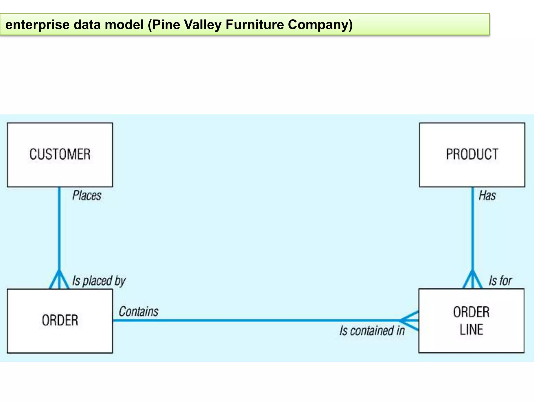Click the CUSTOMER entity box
coord(60,155)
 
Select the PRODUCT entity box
coord(472,155)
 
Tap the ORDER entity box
coord(60,321)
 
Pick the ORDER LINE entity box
coord(471,321)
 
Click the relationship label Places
coord(87,196)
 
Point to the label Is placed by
coord(99,281)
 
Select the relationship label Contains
coord(138,312)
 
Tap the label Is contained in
coord(372,331)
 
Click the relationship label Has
coord(487,196)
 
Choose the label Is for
coord(500,281)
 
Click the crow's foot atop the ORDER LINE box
coord(472,280)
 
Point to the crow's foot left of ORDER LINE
coord(409,321)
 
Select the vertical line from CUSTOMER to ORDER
coord(59,230)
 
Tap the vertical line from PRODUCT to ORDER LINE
coord(472,230)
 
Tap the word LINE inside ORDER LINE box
coord(471,330)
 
